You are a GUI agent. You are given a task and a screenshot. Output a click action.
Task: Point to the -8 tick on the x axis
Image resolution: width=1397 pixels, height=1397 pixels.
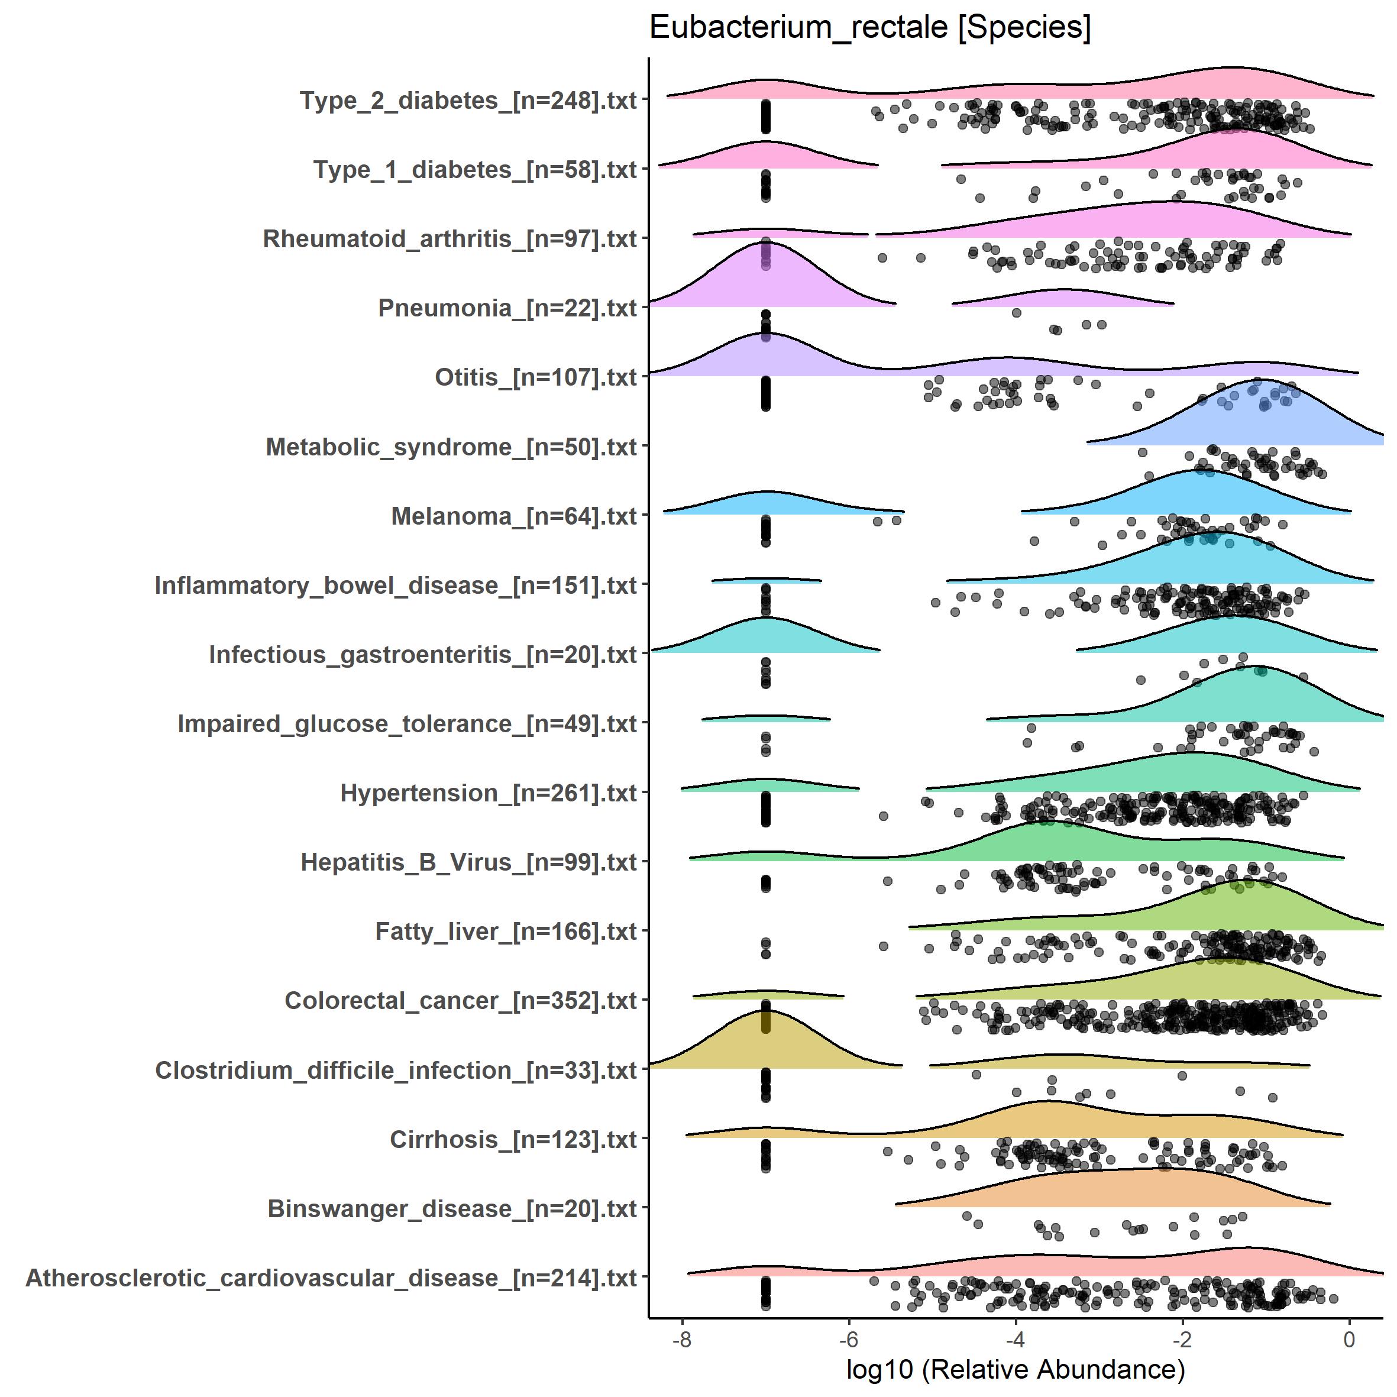pos(682,1340)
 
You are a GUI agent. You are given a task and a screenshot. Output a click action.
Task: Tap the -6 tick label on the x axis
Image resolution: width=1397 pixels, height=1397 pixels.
pos(848,1340)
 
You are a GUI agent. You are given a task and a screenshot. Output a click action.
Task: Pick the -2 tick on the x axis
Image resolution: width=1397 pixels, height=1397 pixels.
pos(1182,1340)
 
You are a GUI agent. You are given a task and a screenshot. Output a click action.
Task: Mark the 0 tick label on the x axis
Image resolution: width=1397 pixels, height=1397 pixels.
pos(1349,1340)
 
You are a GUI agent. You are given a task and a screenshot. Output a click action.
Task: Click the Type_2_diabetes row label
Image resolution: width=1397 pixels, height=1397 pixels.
pos(468,101)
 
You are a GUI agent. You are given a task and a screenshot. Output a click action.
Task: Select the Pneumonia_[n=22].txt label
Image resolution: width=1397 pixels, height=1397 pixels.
pos(507,308)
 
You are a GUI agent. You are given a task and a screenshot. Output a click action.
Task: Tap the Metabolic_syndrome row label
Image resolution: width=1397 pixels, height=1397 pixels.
pos(451,447)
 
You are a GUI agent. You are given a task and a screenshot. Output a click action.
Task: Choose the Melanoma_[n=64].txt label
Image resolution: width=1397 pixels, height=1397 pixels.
pos(513,516)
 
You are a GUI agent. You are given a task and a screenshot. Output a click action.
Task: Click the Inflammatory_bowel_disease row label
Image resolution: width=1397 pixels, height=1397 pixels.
pos(396,585)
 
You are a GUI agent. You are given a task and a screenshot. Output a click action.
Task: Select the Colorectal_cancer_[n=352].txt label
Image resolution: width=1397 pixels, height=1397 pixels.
pos(461,1001)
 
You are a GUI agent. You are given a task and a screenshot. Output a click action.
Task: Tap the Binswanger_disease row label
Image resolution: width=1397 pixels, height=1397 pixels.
pos(452,1208)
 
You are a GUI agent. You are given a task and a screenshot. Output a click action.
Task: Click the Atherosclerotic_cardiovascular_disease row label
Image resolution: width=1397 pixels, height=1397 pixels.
pos(331,1278)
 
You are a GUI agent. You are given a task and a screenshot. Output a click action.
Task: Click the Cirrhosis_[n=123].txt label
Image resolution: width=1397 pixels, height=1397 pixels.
pos(513,1140)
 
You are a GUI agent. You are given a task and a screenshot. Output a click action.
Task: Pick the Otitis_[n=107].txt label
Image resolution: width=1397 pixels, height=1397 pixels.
pos(535,377)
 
